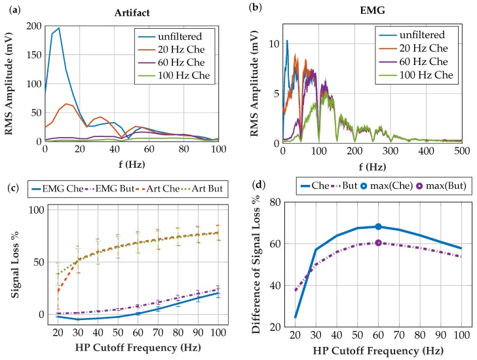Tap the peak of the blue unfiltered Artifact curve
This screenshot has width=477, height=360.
pos(59,28)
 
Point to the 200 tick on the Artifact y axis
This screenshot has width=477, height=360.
pos(33,25)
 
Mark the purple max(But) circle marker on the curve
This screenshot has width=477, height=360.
pos(378,243)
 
